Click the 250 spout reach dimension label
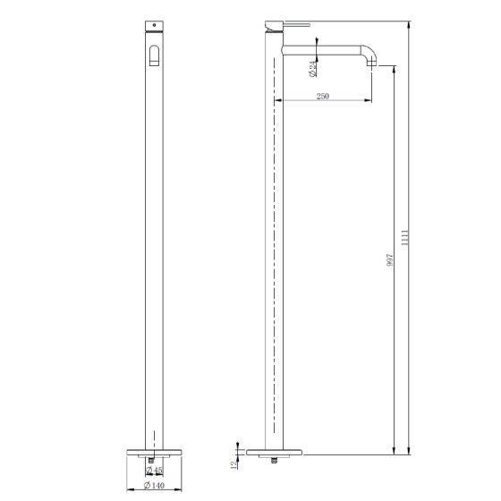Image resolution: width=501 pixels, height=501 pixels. point(322,97)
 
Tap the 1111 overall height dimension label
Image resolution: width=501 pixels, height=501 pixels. point(404,237)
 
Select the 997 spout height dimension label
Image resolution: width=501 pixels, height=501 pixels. point(389,260)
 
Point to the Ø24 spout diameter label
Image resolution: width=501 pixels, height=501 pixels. point(313,69)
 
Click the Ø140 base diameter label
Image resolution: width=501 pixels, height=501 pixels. point(154,485)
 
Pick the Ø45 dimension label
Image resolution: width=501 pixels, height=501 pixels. point(154,470)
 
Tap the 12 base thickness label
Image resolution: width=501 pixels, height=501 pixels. point(234,465)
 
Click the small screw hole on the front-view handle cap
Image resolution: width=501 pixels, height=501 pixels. point(154,25)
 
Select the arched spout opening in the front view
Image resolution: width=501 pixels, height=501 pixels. point(154,55)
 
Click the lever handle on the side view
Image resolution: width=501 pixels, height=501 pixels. point(296,25)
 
